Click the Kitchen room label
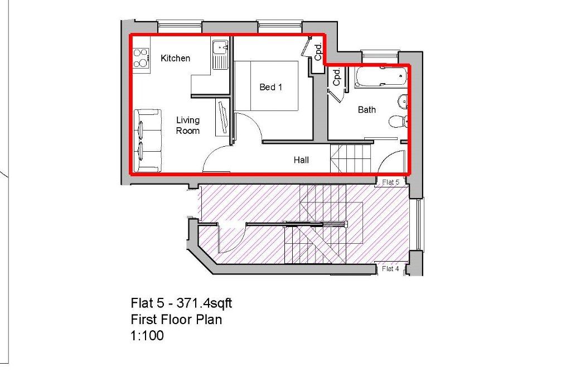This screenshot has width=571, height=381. [x=175, y=58]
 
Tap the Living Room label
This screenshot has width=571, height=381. [x=187, y=126]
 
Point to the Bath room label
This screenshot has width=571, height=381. [x=366, y=110]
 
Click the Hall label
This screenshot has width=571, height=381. [x=301, y=160]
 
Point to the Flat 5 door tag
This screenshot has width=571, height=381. [x=390, y=182]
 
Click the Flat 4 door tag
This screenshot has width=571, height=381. [x=390, y=269]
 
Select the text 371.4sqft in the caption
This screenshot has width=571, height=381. [x=204, y=303]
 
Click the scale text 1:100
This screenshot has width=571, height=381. [x=147, y=336]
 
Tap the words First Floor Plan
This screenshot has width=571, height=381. [x=176, y=320]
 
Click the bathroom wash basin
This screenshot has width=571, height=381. [x=403, y=102]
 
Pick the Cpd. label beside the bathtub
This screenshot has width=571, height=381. [x=337, y=79]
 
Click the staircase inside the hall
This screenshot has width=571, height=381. [x=351, y=158]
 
